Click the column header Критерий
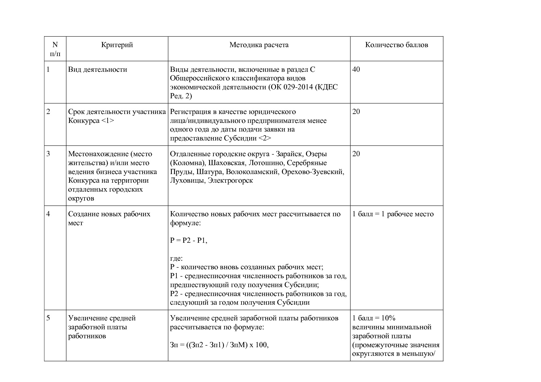[117, 45]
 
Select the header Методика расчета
[259, 45]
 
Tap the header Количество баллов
[396, 45]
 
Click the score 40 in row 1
[356, 69]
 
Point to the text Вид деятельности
[97, 69]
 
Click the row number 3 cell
[48, 154]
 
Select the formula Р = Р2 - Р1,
[188, 241]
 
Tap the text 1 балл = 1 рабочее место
[393, 214]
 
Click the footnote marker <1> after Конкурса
[107, 120]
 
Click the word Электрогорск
[230, 181]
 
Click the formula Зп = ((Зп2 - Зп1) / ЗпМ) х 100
[219, 345]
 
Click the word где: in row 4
[176, 258]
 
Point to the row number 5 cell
[48, 318]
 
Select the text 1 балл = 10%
[374, 318]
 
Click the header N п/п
[55, 49]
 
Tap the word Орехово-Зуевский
[312, 172]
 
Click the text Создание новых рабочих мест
[109, 218]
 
